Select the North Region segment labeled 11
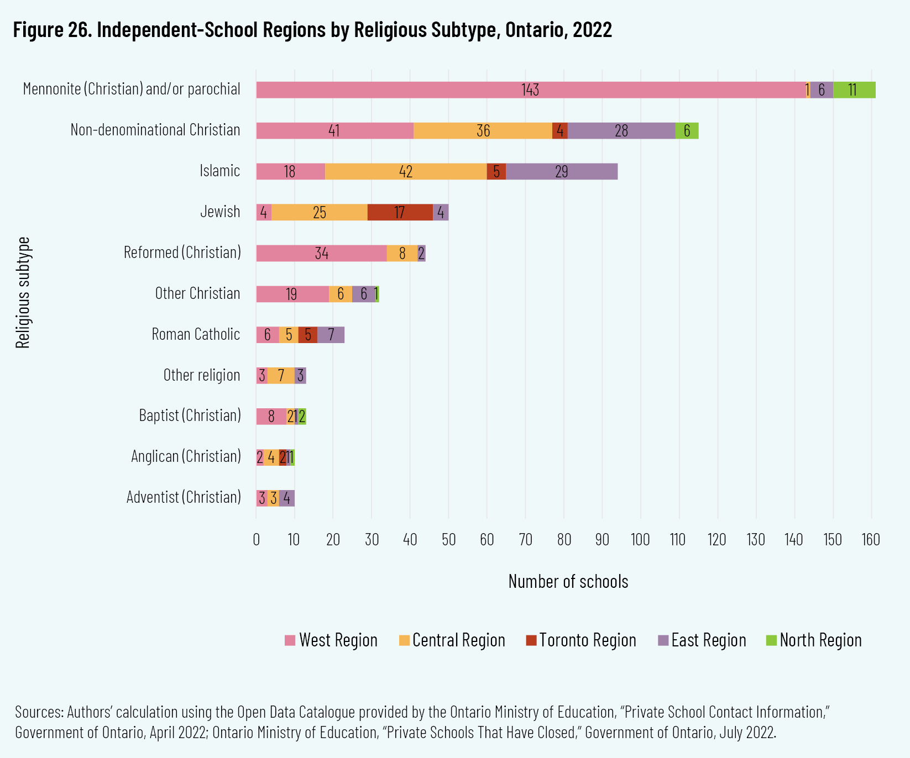pos(854,90)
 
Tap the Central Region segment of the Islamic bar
pos(406,172)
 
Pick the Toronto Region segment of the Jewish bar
pos(400,213)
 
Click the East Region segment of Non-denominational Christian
pos(621,131)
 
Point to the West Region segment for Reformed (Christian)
pos(321,254)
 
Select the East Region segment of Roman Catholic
pos(331,335)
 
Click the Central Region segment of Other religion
pos(281,376)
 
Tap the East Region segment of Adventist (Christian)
pos(286,498)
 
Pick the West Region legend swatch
pos(290,641)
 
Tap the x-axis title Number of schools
pos(568,582)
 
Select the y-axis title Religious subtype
pos(23,293)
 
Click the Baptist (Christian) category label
pos(190,415)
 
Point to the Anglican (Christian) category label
pos(186,456)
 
